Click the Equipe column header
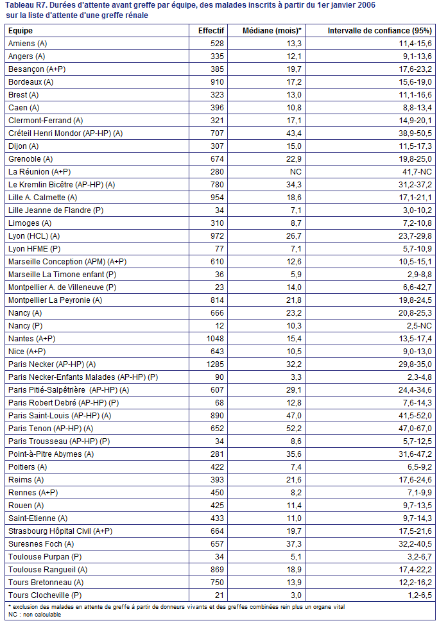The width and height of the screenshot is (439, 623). pyautogui.click(x=21, y=31)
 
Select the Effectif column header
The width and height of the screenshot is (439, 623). pyautogui.click(x=211, y=31)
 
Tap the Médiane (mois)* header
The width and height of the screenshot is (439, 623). pyautogui.click(x=271, y=31)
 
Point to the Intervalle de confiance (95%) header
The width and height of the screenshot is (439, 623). pyautogui.click(x=379, y=31)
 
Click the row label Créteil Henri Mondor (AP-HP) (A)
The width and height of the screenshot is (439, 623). pyautogui.click(x=65, y=133)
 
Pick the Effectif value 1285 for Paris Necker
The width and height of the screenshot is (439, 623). pyautogui.click(x=215, y=364)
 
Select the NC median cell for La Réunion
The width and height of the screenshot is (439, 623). pyautogui.click(x=296, y=172)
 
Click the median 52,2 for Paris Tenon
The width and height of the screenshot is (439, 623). pyautogui.click(x=293, y=429)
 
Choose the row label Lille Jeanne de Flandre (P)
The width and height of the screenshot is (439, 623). pyautogui.click(x=56, y=210)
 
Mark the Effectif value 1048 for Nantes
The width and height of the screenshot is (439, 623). pyautogui.click(x=215, y=339)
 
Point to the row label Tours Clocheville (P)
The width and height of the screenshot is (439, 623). pyautogui.click(x=45, y=595)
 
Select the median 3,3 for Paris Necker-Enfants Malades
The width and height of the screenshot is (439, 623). pyautogui.click(x=296, y=377)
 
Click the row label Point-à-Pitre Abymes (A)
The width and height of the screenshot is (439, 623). pyautogui.click(x=51, y=454)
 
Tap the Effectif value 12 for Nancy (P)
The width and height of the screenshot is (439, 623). pyautogui.click(x=219, y=326)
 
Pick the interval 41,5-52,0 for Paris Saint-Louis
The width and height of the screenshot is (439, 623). pyautogui.click(x=415, y=416)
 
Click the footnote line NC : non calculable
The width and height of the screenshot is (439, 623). pyautogui.click(x=35, y=615)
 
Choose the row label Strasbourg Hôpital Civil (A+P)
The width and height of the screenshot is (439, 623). pyautogui.click(x=60, y=531)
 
